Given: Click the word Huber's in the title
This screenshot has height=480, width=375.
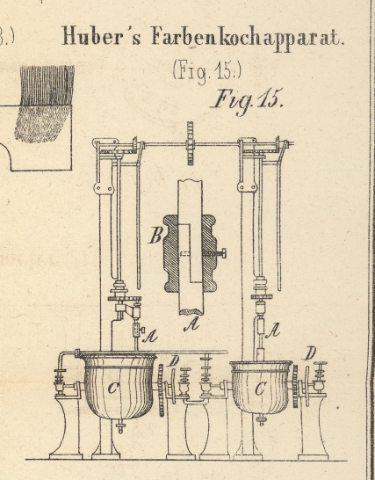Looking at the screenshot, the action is (x=101, y=36).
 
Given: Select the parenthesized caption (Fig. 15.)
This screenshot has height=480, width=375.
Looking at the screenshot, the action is (x=207, y=71).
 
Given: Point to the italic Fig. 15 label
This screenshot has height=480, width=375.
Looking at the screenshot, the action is (x=247, y=101).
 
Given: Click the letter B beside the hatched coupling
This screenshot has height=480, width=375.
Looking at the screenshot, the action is (x=156, y=236).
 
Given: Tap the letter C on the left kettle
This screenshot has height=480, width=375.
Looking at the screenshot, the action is (x=113, y=389).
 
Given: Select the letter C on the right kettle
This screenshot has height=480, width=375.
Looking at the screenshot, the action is (x=260, y=389).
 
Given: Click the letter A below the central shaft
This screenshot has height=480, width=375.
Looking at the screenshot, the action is (x=191, y=324).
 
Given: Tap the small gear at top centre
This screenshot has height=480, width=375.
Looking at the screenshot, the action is (x=191, y=143).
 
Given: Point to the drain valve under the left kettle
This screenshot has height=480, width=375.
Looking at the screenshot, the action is (x=120, y=426).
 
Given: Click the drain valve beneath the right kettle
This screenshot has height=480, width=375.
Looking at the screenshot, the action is (x=261, y=419).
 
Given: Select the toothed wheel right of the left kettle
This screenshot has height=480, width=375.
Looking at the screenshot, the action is (x=161, y=390).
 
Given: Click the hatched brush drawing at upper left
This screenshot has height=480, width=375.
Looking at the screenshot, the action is (x=45, y=104).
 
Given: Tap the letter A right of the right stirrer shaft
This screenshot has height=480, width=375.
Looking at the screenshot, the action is (x=272, y=331).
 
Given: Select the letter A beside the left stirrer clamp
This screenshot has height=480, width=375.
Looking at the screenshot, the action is (x=150, y=337).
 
